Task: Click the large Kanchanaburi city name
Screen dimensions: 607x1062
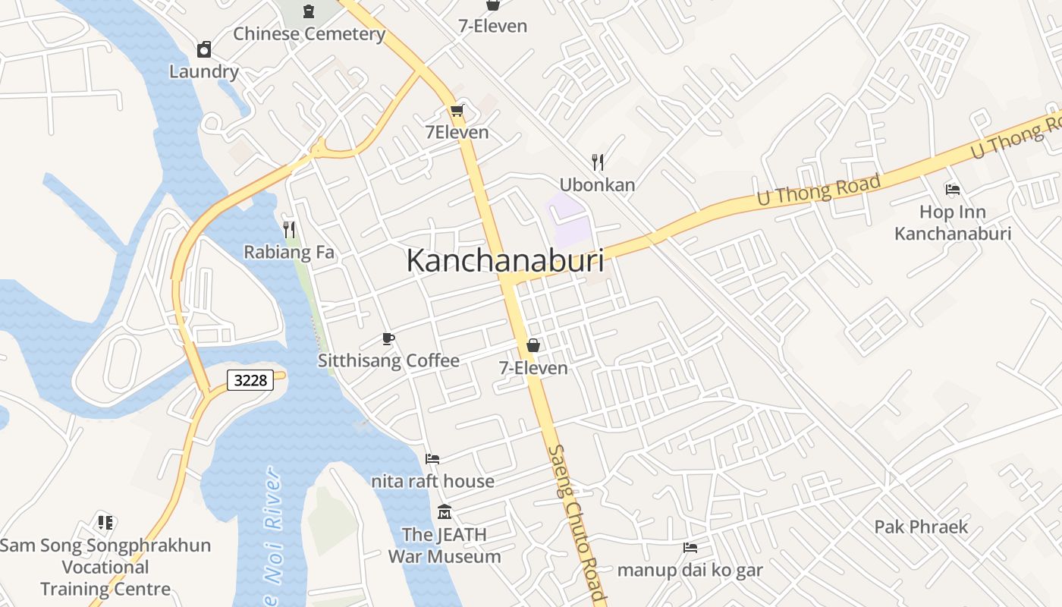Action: pos(505,260)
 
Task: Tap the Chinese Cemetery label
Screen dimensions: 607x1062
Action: pos(309,34)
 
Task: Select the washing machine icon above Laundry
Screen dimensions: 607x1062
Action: pos(203,50)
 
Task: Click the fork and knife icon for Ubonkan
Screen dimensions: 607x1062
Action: pos(598,162)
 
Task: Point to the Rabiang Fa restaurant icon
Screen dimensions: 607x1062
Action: pos(288,229)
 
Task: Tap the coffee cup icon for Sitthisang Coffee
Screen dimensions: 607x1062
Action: pos(388,338)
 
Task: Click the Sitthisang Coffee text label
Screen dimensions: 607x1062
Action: pos(388,360)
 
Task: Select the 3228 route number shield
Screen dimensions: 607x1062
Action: pos(250,380)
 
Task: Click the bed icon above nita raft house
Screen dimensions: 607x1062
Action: pos(432,458)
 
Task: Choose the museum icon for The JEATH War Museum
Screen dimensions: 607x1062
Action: pos(445,512)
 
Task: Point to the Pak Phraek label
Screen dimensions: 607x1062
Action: pos(921,527)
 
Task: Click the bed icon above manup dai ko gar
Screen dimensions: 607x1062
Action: pos(690,547)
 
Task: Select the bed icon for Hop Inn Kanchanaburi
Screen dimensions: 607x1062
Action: pos(953,189)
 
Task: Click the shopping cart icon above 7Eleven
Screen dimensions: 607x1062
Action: pos(457,112)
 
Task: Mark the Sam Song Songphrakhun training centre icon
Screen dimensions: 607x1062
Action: pos(105,522)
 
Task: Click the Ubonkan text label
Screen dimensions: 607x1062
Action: pos(597,184)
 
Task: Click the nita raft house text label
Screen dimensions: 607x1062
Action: pos(432,481)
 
